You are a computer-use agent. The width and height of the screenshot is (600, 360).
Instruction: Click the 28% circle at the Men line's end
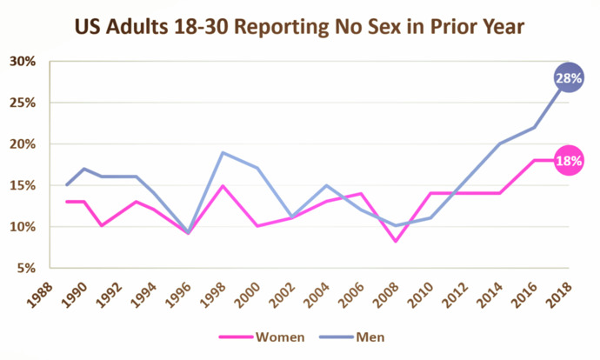point(569,77)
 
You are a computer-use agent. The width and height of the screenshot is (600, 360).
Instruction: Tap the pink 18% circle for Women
point(569,161)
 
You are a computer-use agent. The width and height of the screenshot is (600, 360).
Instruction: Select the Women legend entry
point(262,337)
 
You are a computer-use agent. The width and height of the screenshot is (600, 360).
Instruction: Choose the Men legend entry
point(352,337)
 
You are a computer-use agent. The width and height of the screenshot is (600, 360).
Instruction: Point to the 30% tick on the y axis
point(23,61)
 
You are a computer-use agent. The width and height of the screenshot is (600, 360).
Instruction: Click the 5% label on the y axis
point(26,268)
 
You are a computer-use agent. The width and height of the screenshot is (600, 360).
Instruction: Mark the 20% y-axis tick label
point(23,143)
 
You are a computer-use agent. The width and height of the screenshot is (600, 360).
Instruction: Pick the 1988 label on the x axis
point(39,295)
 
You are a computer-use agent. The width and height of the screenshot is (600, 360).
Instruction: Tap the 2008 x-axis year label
point(386,295)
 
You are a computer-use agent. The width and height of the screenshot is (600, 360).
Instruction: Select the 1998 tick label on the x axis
point(212,295)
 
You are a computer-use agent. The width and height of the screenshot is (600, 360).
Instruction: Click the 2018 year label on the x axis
point(558,295)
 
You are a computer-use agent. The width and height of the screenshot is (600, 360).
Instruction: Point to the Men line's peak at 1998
point(223,153)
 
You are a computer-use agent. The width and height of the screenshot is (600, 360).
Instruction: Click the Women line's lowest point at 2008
point(396,241)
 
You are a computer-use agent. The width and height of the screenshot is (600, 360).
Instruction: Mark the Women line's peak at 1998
point(223,186)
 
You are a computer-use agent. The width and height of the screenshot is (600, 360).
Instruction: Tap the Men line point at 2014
point(500,143)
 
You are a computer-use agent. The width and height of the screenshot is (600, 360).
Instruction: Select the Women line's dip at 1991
point(102,226)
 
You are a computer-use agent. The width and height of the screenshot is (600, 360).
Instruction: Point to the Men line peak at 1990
point(83,169)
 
